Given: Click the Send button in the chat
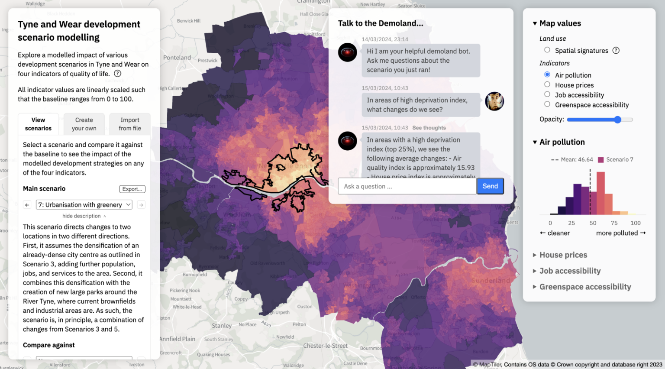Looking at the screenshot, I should tap(490, 186).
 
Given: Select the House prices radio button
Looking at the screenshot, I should tap(547, 84).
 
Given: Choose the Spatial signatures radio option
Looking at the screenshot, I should tap(547, 50).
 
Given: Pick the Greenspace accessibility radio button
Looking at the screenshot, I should tap(547, 104).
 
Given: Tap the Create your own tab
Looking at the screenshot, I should tap(84, 124).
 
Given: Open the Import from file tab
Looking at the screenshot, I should tap(130, 124).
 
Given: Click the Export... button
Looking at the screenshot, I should tap(132, 189).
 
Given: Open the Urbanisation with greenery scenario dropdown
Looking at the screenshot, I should tap(84, 205).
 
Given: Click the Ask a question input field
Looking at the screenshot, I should tap(407, 186).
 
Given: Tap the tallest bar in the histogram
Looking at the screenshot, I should tap(600, 193).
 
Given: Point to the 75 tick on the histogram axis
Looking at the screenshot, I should tap(614, 223).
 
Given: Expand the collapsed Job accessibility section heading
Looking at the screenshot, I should tap(570, 271).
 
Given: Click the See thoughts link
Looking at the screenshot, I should tap(429, 128).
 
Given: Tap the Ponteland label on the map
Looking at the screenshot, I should tap(177, 58).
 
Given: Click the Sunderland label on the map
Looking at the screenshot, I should tap(491, 281).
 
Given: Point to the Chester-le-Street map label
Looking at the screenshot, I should tap(325, 346).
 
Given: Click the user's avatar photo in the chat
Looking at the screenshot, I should tap(494, 101).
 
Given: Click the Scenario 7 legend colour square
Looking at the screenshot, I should tap(600, 160).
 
